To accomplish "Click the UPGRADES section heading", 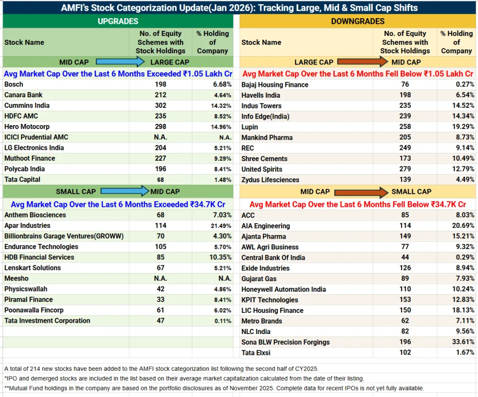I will point(118,21).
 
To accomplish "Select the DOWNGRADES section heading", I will point(358,21).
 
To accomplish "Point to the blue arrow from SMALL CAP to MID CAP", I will point(125,191).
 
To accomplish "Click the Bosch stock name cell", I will point(14,85).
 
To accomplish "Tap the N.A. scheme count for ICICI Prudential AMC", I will point(161,137).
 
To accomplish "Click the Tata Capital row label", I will point(22,180).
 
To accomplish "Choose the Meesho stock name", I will point(16,278).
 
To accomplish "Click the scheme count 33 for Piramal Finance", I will point(161,299).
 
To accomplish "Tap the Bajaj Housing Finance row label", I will point(275,85).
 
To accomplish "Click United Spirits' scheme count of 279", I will point(405,169).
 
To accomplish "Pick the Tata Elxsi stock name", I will point(256,353).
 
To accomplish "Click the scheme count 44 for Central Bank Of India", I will point(405,257).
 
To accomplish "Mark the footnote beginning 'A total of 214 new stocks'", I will point(162,369).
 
